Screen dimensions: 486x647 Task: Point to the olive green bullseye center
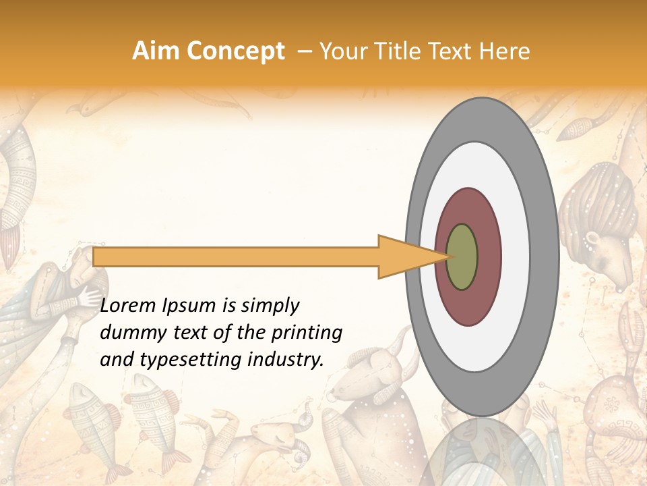[462, 256]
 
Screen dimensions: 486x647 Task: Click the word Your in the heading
[340, 52]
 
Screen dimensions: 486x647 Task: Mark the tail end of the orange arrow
[95, 256]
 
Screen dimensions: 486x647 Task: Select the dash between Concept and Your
[305, 52]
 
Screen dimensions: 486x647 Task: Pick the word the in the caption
[249, 333]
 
